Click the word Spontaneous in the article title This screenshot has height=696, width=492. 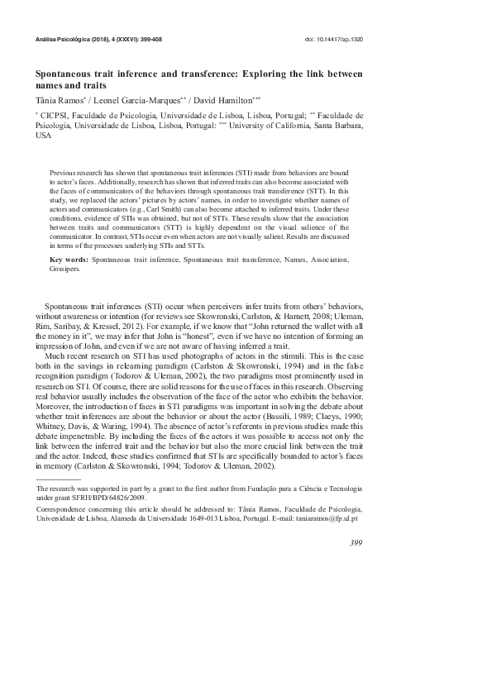(65, 74)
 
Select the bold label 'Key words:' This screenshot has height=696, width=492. (69, 260)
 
